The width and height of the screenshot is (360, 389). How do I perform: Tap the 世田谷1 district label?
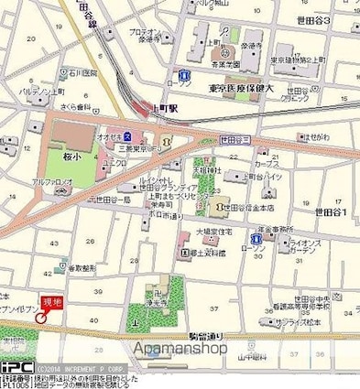(333, 211)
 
